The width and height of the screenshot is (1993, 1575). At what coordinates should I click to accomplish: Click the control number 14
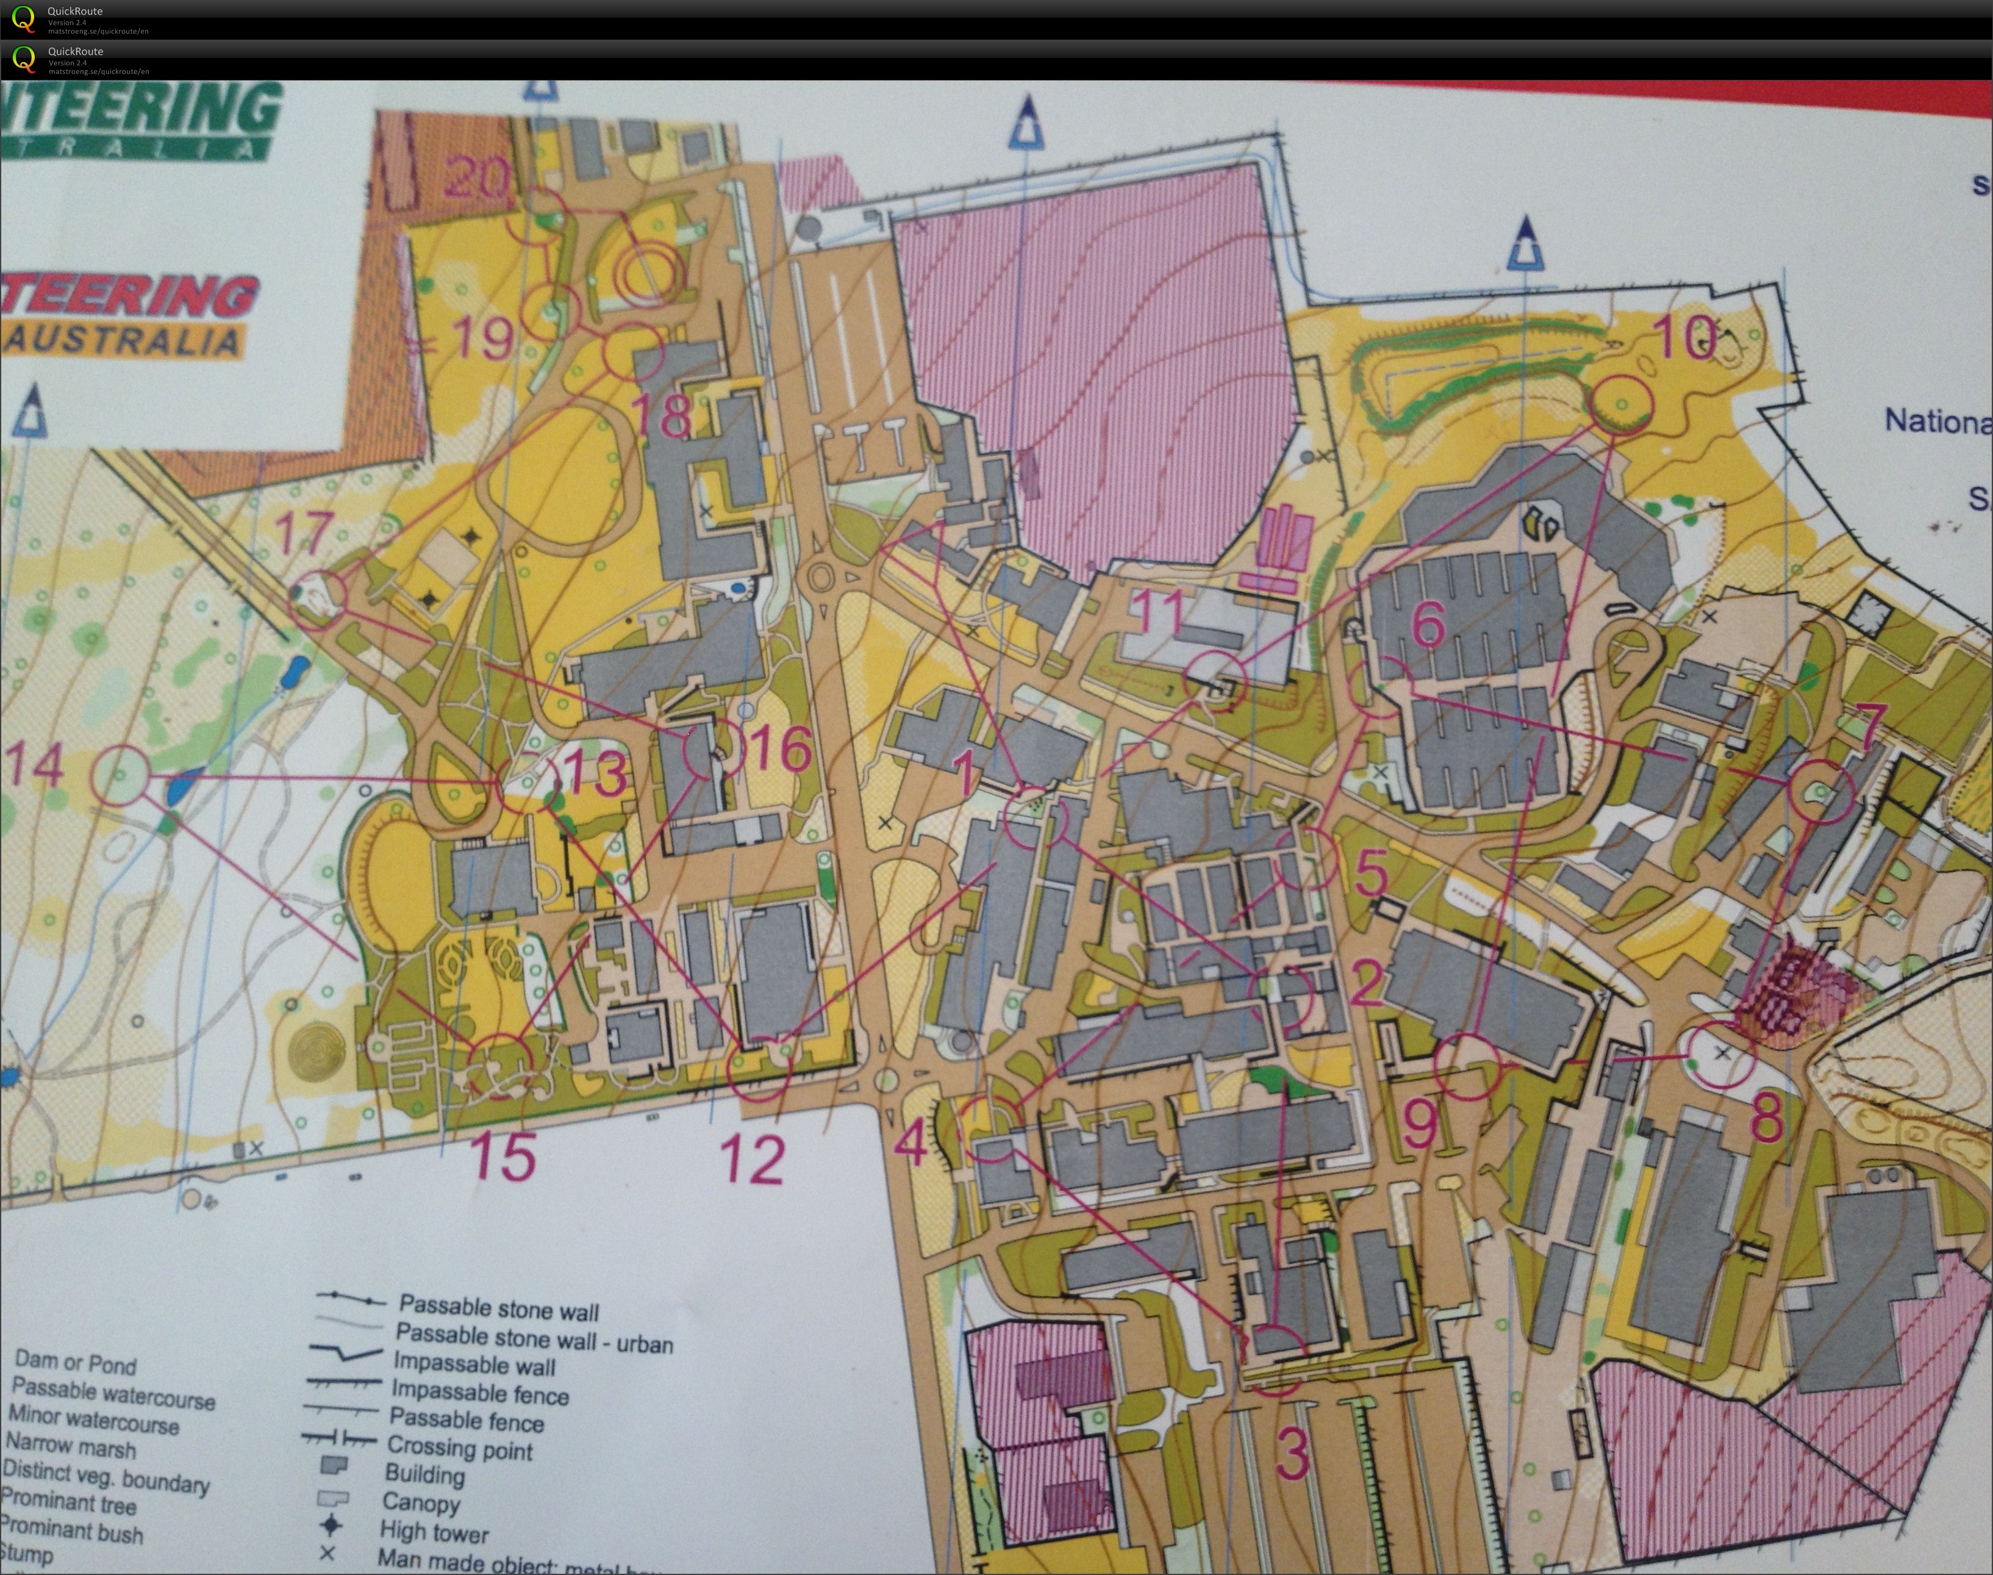34,766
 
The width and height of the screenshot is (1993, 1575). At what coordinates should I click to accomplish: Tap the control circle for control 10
1622,404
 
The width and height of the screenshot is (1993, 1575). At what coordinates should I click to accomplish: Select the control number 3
1292,1453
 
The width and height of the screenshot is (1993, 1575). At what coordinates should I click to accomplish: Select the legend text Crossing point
459,1449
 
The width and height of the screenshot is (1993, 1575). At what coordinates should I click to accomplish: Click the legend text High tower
433,1532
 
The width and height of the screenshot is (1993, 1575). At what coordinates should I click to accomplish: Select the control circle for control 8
1720,1054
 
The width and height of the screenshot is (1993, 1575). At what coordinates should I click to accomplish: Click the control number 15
504,1155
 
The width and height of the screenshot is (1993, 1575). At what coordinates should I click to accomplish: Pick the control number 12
753,1159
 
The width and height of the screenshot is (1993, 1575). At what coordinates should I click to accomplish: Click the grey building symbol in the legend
333,1466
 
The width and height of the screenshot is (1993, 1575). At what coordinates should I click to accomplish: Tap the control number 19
482,339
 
